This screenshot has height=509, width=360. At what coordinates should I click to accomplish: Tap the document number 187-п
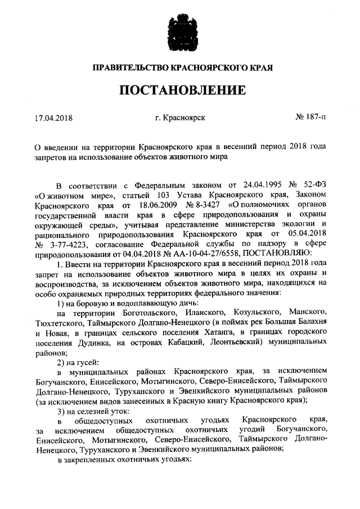tap(310, 118)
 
